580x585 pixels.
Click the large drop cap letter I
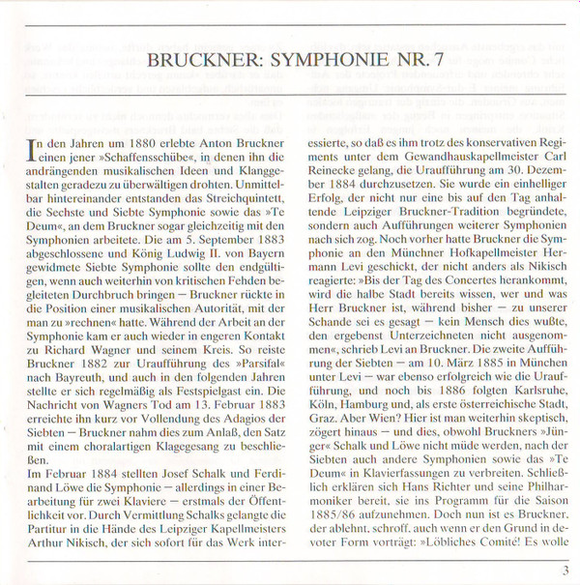tap(36, 147)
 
